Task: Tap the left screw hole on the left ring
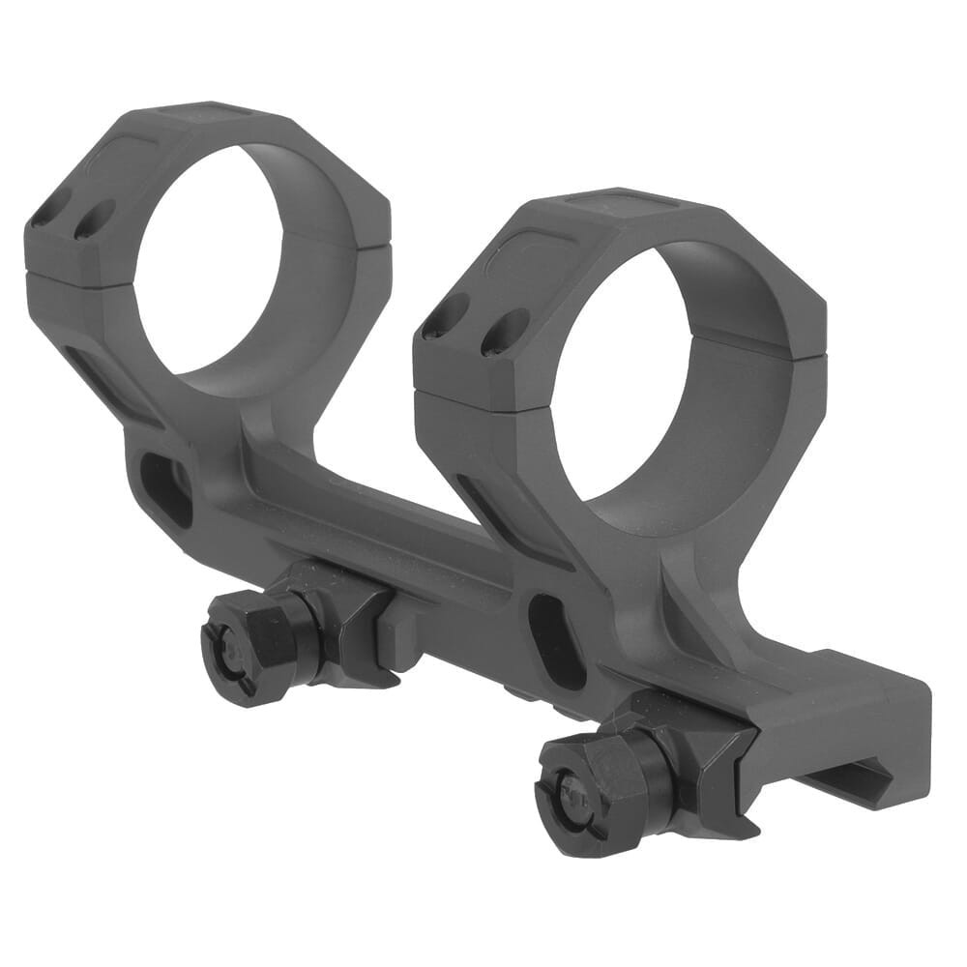click(x=45, y=215)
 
